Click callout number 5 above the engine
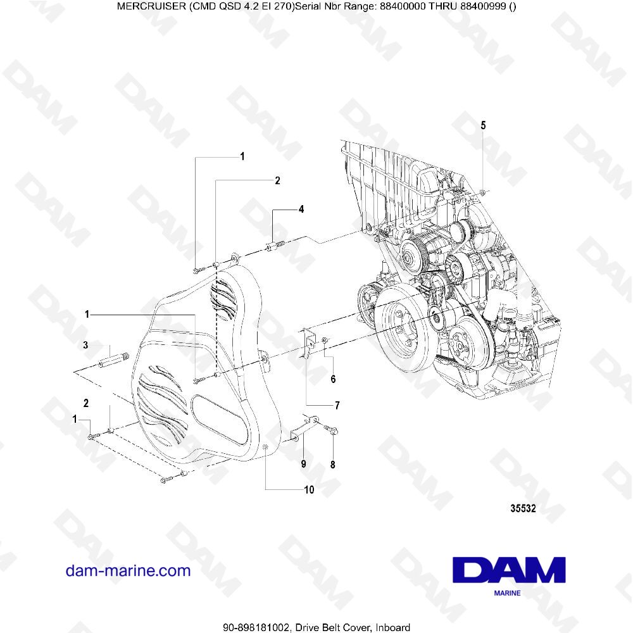coord(483,125)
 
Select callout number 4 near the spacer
coord(301,208)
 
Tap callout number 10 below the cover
coord(309,489)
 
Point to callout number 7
coord(337,404)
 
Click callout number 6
coord(333,379)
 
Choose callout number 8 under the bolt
coord(333,464)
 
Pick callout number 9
coord(303,464)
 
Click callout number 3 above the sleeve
coord(85,345)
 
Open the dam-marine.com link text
coord(128,570)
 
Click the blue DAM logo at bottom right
coord(510,570)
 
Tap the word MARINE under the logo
coord(506,594)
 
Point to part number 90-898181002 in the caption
coord(256,626)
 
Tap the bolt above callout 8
coord(332,430)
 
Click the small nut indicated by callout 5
coord(483,191)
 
